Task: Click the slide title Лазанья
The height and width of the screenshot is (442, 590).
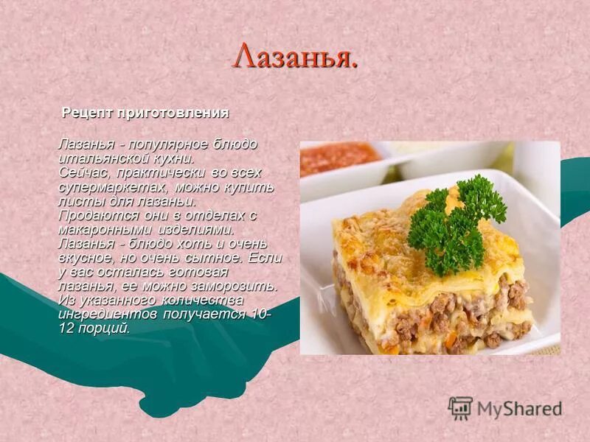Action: pyautogui.click(x=295, y=57)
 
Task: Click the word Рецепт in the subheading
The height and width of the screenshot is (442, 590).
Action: pyautogui.click(x=86, y=113)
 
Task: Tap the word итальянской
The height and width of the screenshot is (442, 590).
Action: pyautogui.click(x=97, y=158)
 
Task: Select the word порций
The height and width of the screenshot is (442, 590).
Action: pyautogui.click(x=106, y=329)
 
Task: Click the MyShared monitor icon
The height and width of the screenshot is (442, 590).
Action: pyautogui.click(x=460, y=408)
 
